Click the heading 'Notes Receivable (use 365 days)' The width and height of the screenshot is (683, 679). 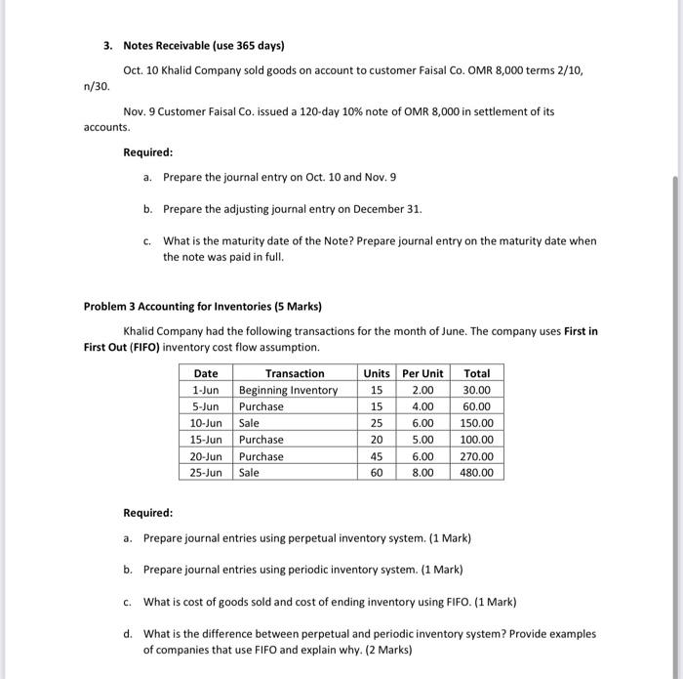pyautogui.click(x=202, y=46)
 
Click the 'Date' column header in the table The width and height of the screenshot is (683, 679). pyautogui.click(x=206, y=373)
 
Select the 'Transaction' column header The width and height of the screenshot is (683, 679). pyautogui.click(x=295, y=373)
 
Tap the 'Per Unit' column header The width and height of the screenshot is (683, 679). pyautogui.click(x=422, y=373)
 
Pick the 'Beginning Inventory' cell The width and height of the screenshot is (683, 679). pyautogui.click(x=289, y=390)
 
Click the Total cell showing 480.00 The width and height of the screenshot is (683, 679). pyautogui.click(x=477, y=473)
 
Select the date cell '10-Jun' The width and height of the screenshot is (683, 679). pyautogui.click(x=207, y=423)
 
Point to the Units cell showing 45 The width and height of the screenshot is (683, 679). pyautogui.click(x=377, y=456)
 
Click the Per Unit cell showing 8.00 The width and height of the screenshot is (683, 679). pyautogui.click(x=422, y=473)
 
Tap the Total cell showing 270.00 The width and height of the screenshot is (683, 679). pyautogui.click(x=477, y=456)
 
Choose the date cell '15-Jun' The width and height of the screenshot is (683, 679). pyautogui.click(x=207, y=440)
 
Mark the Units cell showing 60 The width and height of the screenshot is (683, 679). pyautogui.click(x=377, y=473)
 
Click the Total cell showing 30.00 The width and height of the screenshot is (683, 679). pyautogui.click(x=477, y=390)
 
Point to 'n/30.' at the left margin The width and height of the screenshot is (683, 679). pyautogui.click(x=98, y=86)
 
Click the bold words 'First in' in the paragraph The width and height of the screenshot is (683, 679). pyautogui.click(x=581, y=331)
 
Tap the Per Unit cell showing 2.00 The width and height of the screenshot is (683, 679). pyautogui.click(x=422, y=390)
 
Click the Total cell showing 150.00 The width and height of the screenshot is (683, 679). pyautogui.click(x=477, y=423)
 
